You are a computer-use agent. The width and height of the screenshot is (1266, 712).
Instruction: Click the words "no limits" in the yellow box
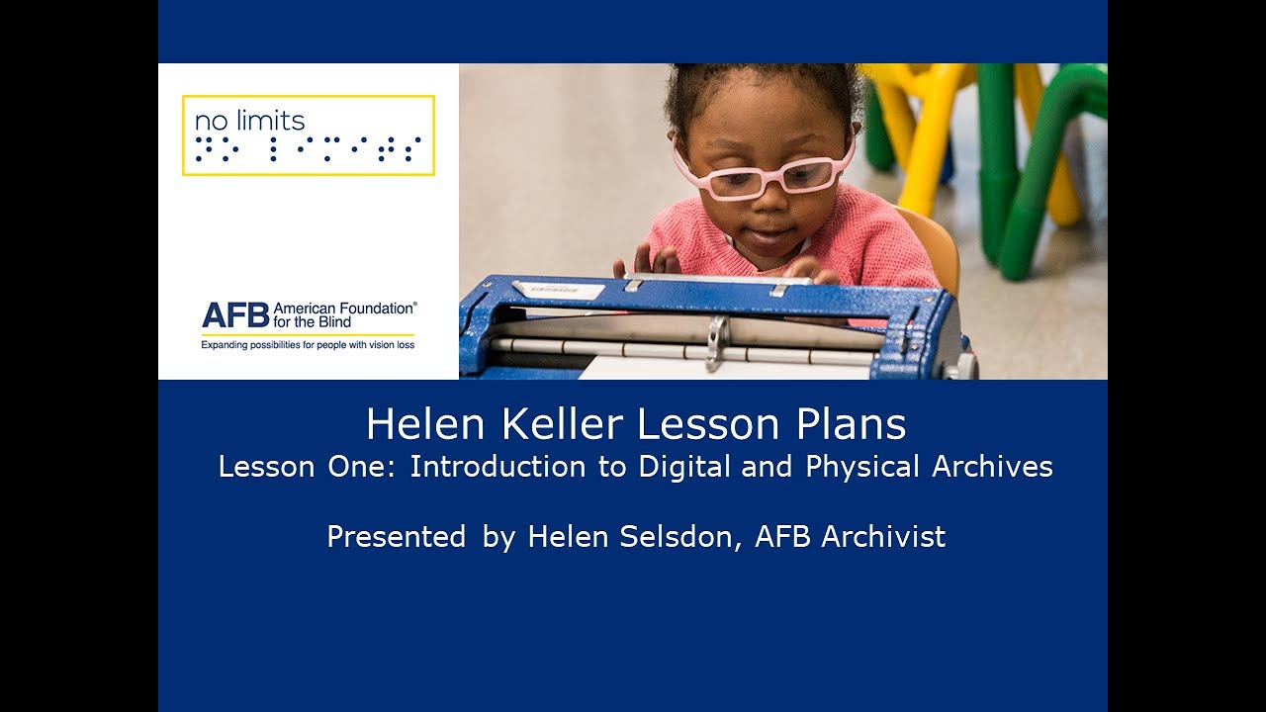click(x=249, y=121)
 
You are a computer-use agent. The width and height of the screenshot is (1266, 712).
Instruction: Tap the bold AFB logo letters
click(x=234, y=315)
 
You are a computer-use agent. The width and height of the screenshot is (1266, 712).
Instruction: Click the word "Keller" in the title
click(x=562, y=424)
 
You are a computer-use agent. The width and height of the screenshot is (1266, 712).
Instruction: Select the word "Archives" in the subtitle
click(x=992, y=467)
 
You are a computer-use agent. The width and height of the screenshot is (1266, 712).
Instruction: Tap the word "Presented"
click(x=396, y=537)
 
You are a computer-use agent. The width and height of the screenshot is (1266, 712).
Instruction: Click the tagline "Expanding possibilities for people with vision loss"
click(x=308, y=345)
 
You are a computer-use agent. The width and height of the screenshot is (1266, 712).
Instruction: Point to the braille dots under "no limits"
click(x=308, y=149)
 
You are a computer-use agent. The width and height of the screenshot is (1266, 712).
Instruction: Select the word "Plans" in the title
click(x=855, y=424)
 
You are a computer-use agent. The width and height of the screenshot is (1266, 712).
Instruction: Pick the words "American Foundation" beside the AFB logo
click(x=344, y=309)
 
